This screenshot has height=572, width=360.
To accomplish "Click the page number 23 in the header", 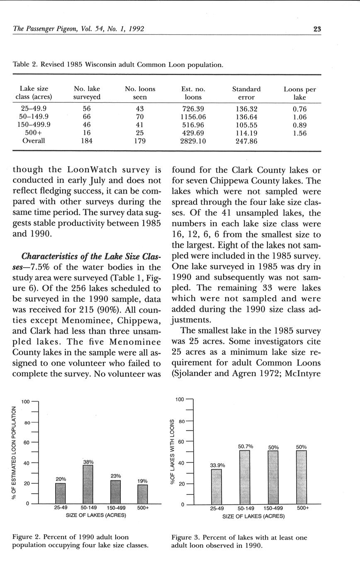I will click(x=317, y=29).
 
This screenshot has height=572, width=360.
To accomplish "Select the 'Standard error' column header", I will click(x=246, y=93).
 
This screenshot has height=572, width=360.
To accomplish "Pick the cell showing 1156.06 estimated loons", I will click(x=193, y=117).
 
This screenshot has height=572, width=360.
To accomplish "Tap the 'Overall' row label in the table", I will click(x=34, y=141).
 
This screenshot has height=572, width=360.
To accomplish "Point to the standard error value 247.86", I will click(x=246, y=141).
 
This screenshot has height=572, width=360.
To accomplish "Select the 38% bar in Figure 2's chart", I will click(x=88, y=484).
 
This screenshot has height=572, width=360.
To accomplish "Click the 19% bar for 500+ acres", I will click(x=143, y=494).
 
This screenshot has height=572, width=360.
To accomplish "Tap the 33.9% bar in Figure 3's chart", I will click(x=216, y=487).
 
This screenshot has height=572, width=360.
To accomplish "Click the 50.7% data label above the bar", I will click(x=246, y=446).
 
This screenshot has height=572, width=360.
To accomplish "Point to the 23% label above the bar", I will click(x=116, y=476).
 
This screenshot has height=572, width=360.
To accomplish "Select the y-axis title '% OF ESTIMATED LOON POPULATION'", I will click(x=15, y=453).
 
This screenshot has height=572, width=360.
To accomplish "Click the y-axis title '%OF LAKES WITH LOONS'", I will click(x=173, y=451).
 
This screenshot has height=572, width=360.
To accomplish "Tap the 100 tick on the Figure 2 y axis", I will click(x=25, y=402).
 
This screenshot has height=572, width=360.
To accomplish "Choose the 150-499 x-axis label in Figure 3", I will click(x=273, y=508).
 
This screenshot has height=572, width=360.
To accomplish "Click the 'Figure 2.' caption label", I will click(x=26, y=537).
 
